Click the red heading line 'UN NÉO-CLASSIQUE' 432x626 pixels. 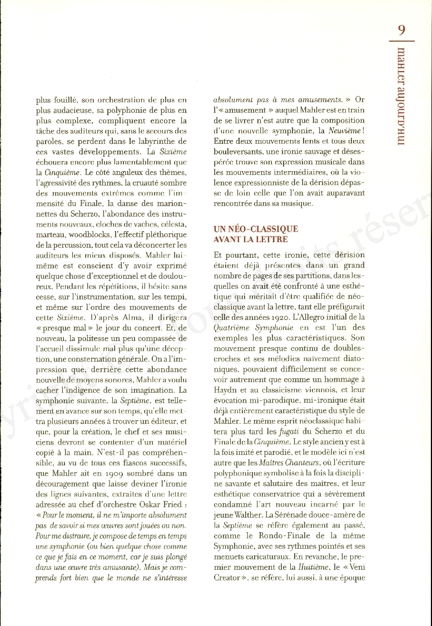pyautogui.click(x=256, y=229)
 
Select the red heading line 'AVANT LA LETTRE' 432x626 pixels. pyautogui.click(x=250, y=239)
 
